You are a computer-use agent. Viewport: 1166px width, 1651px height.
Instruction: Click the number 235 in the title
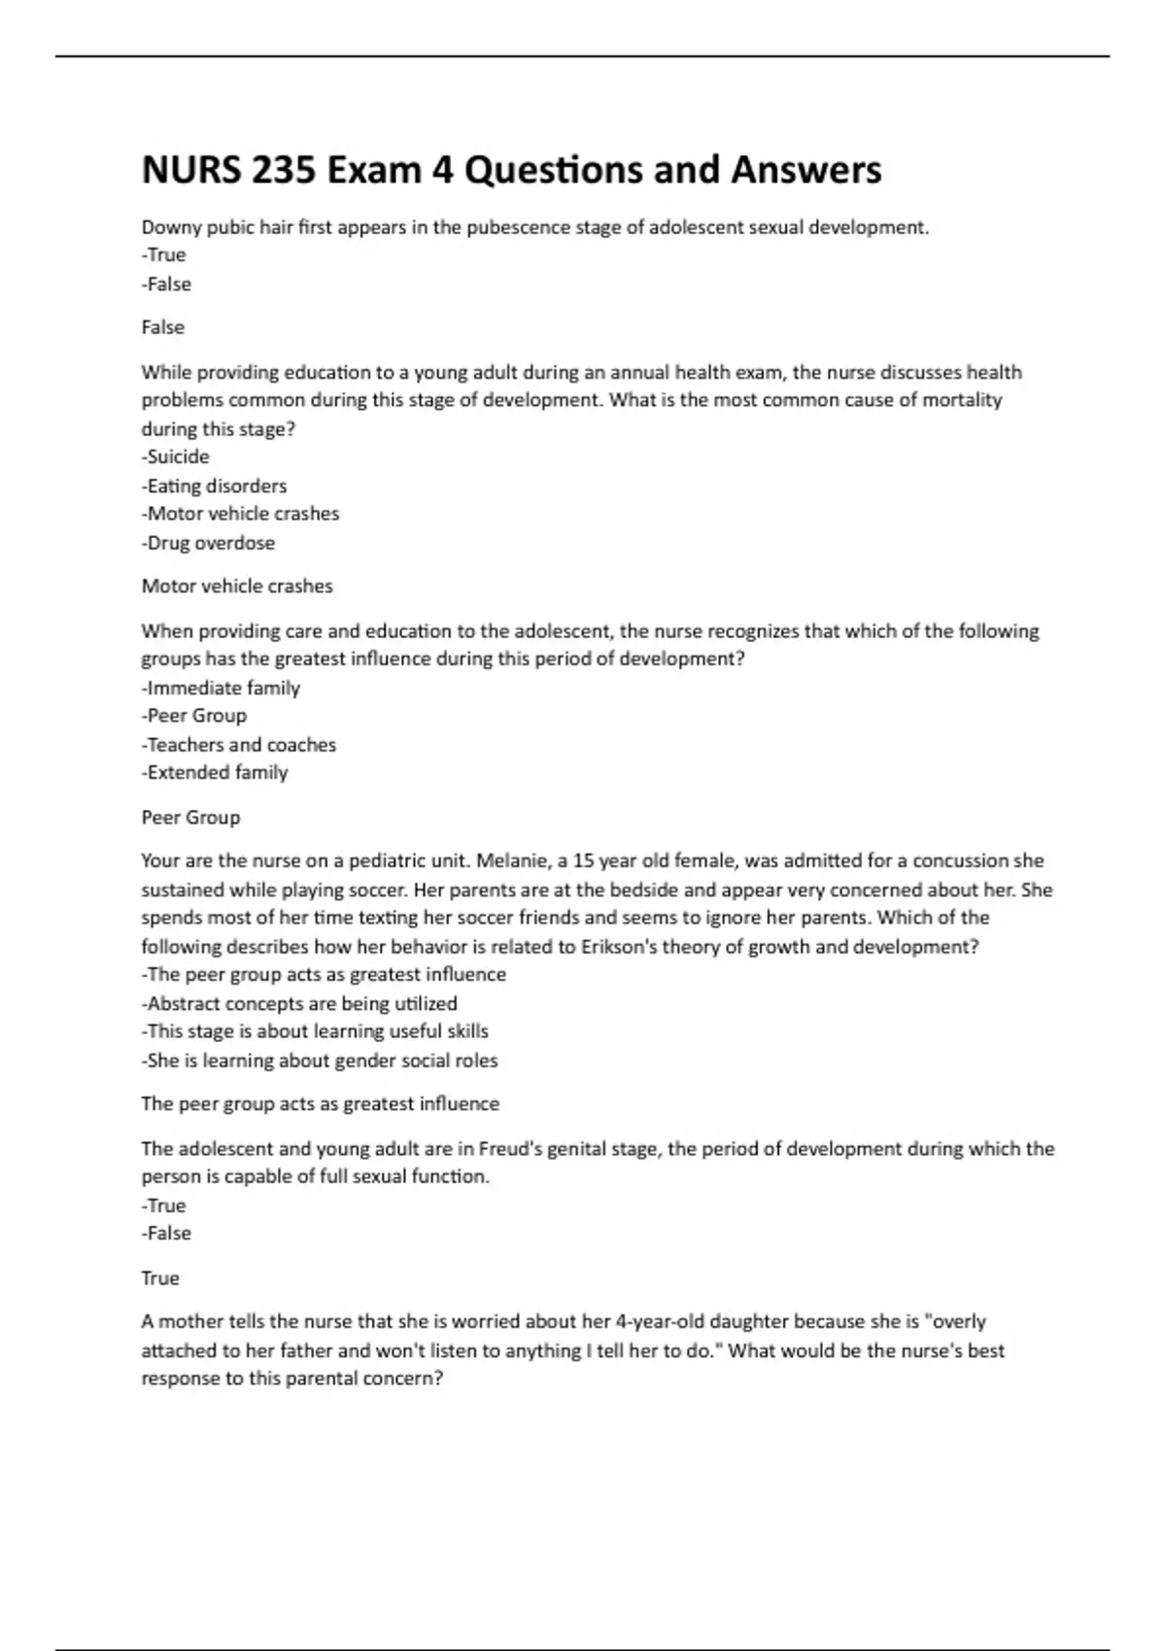tap(283, 170)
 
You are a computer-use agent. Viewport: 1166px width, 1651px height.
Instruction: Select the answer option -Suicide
tap(175, 456)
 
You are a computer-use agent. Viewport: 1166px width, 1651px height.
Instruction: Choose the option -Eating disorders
tap(214, 486)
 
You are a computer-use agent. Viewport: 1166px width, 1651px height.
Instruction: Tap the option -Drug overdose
tap(208, 543)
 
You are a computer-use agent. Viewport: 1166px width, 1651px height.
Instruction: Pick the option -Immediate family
tap(221, 688)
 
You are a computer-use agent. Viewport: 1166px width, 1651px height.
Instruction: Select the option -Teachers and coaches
tap(239, 745)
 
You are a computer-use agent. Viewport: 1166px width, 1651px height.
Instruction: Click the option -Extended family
tap(215, 772)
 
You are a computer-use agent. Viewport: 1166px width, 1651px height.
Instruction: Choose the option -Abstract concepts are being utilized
tap(299, 1003)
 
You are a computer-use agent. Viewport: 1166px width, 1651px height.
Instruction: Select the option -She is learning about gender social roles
tap(320, 1061)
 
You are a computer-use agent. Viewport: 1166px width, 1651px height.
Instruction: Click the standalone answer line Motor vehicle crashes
tap(237, 586)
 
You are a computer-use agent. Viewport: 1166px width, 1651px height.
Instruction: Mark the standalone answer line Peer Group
tap(190, 817)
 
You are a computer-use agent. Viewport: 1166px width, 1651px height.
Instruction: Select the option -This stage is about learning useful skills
tap(315, 1031)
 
